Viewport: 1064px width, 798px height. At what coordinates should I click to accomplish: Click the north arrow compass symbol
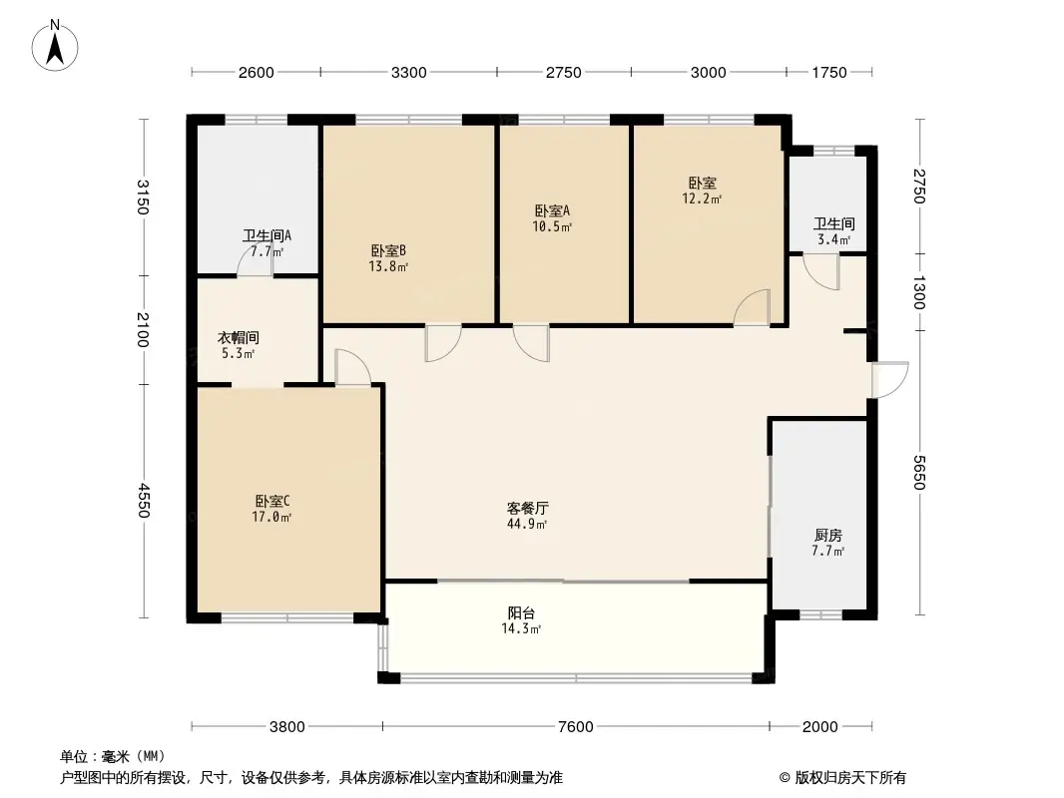[x=55, y=46]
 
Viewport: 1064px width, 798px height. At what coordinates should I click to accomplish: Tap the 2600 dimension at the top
[x=256, y=73]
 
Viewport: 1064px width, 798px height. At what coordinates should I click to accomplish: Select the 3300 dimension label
[x=408, y=73]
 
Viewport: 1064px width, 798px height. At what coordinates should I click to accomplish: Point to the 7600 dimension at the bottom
[x=576, y=727]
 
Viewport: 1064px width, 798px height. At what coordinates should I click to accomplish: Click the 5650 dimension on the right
[x=919, y=472]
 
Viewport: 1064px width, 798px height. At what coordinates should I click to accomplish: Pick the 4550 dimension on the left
[x=143, y=501]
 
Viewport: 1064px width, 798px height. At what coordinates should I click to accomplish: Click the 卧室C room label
[x=272, y=501]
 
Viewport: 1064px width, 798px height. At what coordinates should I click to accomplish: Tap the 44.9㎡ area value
[x=527, y=524]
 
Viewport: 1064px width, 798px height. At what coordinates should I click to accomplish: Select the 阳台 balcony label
[x=521, y=612]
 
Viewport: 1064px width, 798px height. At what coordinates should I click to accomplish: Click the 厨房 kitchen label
[x=827, y=536]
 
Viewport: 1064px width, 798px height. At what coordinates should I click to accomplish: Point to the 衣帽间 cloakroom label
[x=239, y=337]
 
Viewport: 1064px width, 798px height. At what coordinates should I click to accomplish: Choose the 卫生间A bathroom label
[x=266, y=236]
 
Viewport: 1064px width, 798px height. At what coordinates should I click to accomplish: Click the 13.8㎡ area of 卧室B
[x=388, y=266]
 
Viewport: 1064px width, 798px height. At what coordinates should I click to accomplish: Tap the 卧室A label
[x=552, y=210]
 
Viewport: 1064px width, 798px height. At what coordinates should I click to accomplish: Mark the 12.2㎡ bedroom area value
[x=702, y=199]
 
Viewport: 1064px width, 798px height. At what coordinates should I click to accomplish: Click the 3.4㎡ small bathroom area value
[x=834, y=239]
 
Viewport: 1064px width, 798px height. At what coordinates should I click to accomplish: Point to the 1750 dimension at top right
[x=829, y=73]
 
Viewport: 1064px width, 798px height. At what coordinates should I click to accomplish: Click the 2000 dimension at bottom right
[x=819, y=727]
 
